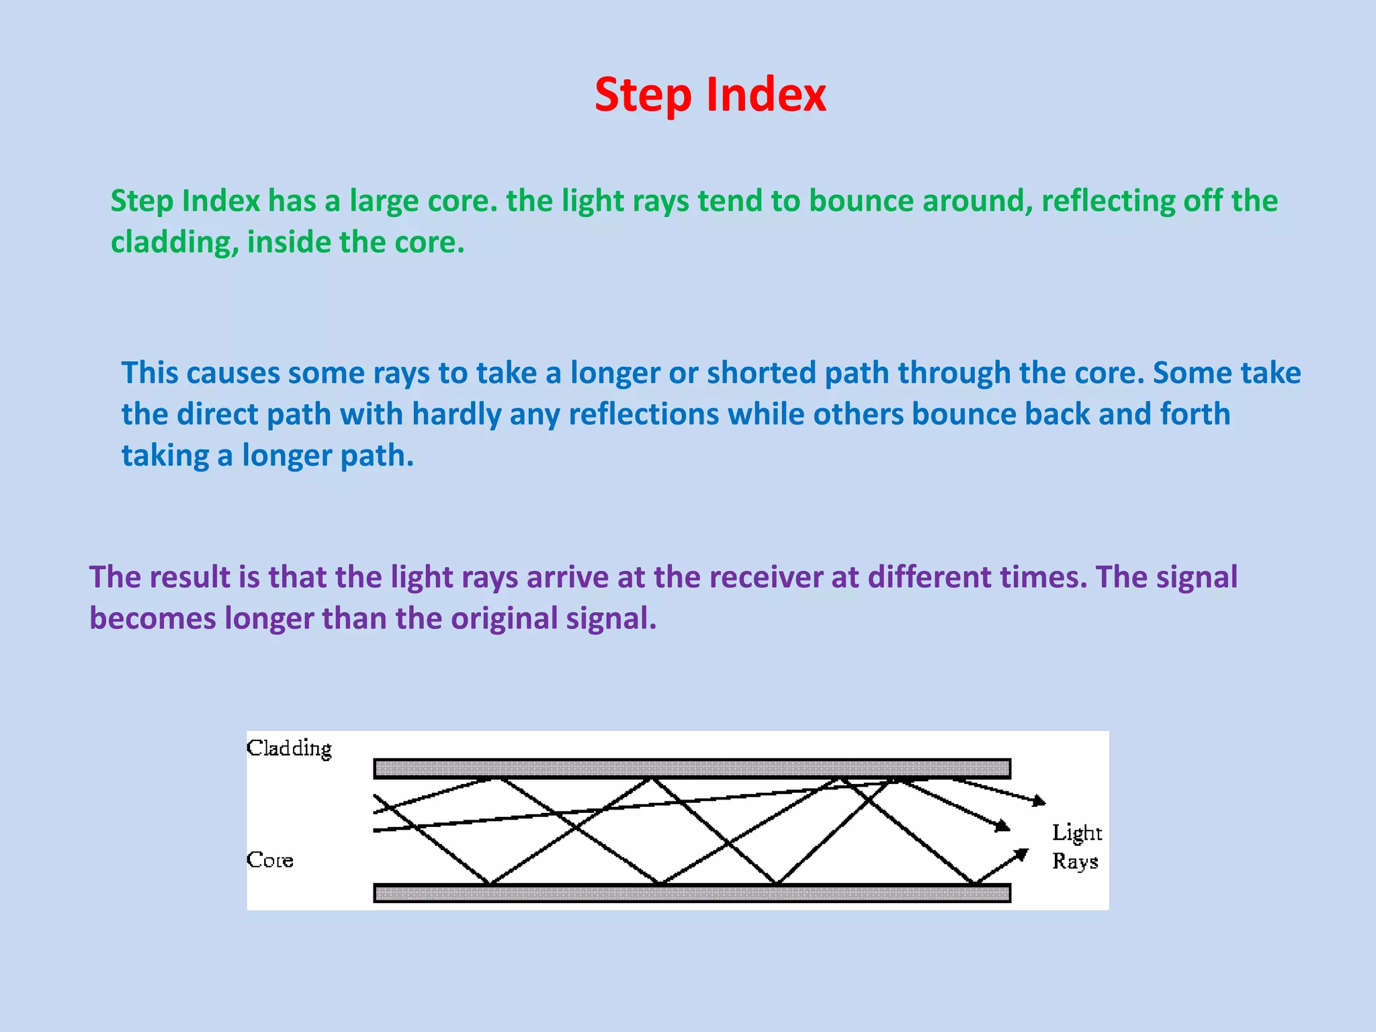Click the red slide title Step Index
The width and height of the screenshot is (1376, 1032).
click(x=710, y=95)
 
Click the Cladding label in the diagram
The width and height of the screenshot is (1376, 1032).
click(x=289, y=748)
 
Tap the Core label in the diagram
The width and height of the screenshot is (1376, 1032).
click(x=269, y=860)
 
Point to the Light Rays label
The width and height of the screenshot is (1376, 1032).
click(x=1076, y=847)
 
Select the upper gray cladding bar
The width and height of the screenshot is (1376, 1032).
click(x=692, y=769)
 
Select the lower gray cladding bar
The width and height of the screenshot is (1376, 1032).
click(x=692, y=893)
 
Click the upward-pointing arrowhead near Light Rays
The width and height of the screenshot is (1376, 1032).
click(x=1022, y=854)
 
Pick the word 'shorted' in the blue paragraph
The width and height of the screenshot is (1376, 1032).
click(x=761, y=373)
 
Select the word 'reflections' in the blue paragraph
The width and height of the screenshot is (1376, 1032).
click(x=644, y=415)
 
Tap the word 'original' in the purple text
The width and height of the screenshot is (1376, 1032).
click(x=503, y=619)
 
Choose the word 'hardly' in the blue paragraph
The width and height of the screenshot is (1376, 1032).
click(x=456, y=415)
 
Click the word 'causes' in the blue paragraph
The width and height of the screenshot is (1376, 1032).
click(x=232, y=373)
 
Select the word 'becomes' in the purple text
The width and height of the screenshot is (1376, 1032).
click(x=153, y=619)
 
